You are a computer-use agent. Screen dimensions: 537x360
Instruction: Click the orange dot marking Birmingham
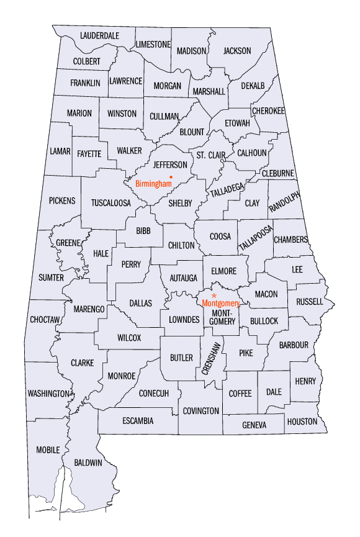pyautogui.click(x=179, y=177)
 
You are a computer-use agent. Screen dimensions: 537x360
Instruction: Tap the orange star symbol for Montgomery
pyautogui.click(x=214, y=296)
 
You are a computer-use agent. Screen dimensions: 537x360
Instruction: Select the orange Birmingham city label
pyautogui.click(x=153, y=184)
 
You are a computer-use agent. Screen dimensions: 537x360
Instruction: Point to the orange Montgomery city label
pyautogui.click(x=221, y=304)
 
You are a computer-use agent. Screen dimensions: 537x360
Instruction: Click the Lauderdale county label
pyautogui.click(x=99, y=35)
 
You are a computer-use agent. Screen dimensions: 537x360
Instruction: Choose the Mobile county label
pyautogui.click(x=48, y=449)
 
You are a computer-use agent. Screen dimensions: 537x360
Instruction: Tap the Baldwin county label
pyautogui.click(x=88, y=463)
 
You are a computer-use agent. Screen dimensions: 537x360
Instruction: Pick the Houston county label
pyautogui.click(x=302, y=422)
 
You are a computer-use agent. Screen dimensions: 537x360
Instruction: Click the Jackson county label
pyautogui.click(x=237, y=51)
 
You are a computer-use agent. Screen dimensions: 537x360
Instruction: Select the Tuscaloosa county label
pyautogui.click(x=111, y=203)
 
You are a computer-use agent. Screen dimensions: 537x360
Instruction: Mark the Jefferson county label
pyautogui.click(x=170, y=165)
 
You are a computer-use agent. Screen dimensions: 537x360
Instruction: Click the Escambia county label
pyautogui.click(x=138, y=421)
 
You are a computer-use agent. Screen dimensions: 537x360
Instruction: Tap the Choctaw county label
pyautogui.click(x=45, y=320)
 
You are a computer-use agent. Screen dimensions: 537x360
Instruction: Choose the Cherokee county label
pyautogui.click(x=268, y=111)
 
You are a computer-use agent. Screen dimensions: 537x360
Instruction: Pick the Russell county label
pyautogui.click(x=310, y=302)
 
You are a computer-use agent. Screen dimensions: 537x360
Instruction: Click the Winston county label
pyautogui.click(x=122, y=114)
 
